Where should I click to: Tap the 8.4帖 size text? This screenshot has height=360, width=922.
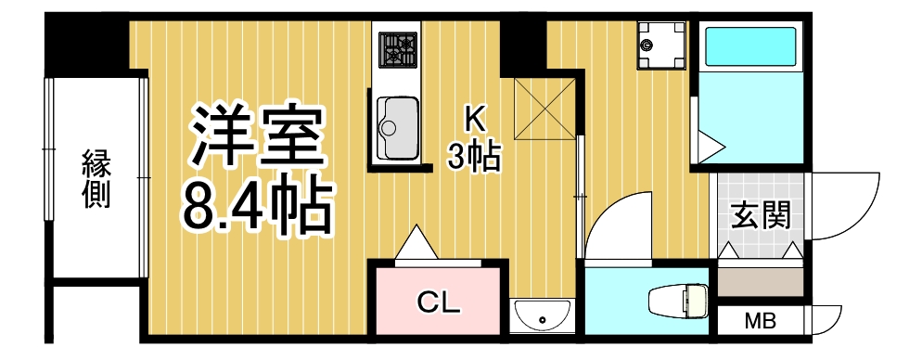point(256,206)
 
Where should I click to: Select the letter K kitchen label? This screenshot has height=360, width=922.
point(474,119)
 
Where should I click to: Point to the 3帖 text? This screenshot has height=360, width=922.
point(474,156)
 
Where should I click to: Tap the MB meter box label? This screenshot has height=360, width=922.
point(761,323)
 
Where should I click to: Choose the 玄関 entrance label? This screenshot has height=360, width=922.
point(761,215)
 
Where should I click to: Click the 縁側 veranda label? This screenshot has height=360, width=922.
point(96,178)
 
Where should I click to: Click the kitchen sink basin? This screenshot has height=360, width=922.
point(397,128)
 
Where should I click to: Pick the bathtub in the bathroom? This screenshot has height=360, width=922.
point(751,47)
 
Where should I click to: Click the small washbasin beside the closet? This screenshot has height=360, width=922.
point(541,317)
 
